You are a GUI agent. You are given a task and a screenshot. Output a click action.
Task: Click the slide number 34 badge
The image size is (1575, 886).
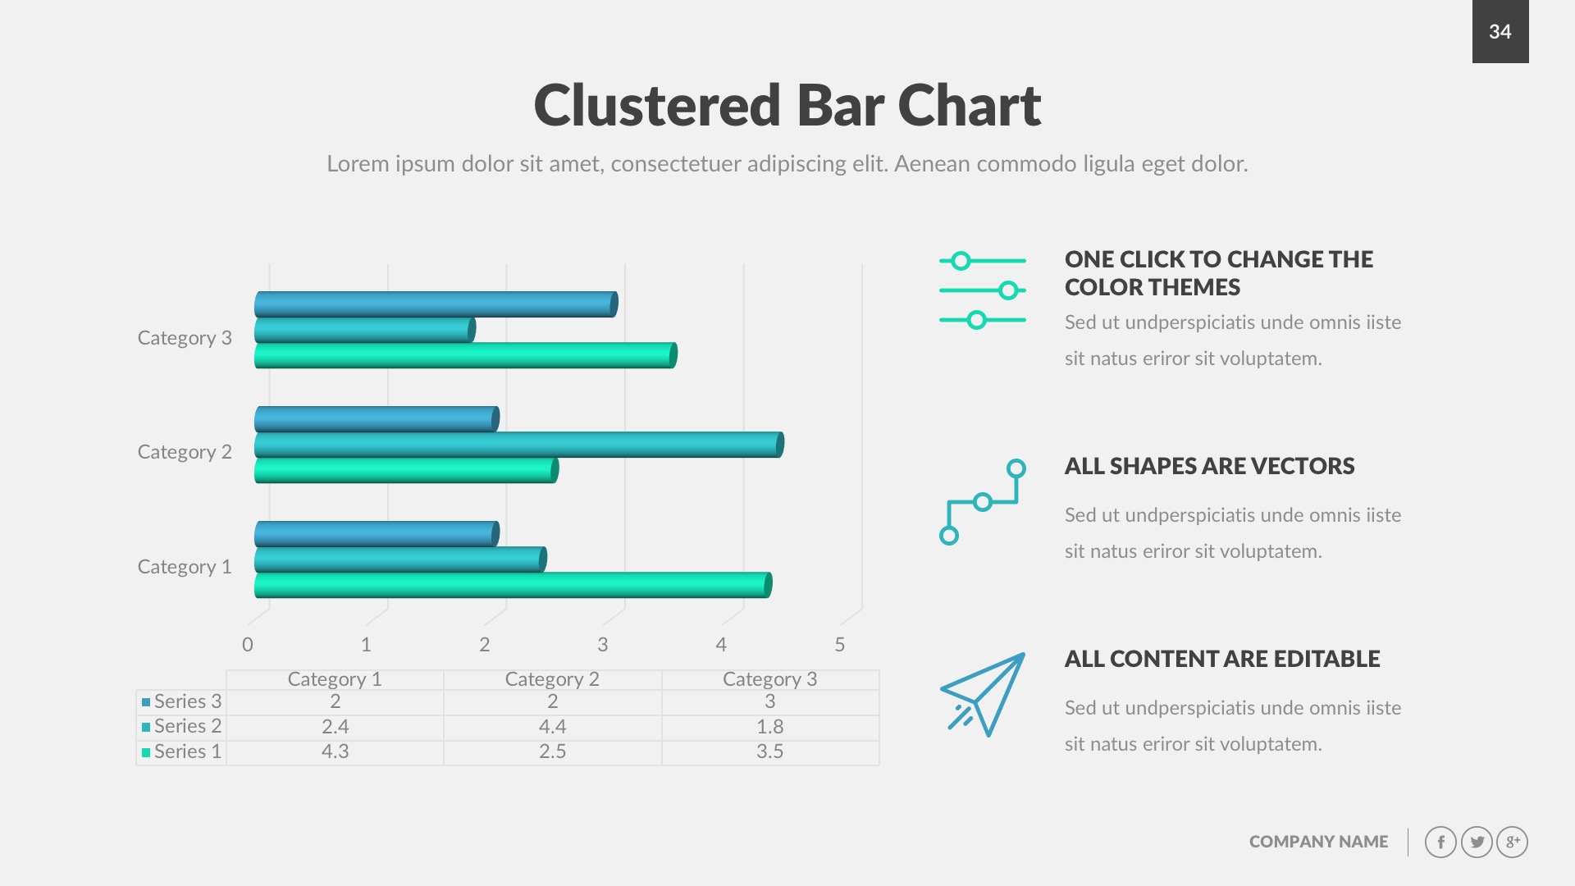[1500, 31]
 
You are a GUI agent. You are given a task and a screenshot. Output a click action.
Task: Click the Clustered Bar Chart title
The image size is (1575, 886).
[787, 106]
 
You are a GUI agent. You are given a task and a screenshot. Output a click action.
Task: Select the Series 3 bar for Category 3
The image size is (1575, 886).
[435, 304]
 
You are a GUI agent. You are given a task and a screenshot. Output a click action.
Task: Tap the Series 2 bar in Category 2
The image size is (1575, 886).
[517, 445]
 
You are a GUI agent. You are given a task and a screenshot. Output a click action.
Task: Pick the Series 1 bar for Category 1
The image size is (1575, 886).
[512, 585]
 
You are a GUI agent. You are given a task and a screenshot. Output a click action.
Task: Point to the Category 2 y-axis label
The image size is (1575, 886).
[185, 452]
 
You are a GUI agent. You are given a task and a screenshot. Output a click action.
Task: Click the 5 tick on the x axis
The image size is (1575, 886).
[839, 645]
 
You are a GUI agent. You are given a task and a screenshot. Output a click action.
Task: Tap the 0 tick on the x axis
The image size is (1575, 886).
[248, 645]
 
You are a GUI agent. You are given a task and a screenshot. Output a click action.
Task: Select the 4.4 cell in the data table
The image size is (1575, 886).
[552, 727]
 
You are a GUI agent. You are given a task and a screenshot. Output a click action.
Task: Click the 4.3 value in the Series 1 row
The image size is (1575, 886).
[335, 751]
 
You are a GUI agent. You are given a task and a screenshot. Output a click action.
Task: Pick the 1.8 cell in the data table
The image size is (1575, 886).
[769, 727]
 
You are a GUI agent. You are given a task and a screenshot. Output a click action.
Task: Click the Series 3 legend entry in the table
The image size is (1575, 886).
[181, 701]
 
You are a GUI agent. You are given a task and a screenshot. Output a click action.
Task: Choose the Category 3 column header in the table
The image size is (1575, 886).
[769, 679]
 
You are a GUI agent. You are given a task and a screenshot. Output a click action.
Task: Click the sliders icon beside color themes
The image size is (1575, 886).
[982, 290]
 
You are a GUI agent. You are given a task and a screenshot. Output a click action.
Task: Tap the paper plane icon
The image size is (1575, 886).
[984, 694]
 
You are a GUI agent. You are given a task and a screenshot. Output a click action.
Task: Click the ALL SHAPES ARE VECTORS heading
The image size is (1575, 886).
[1209, 466]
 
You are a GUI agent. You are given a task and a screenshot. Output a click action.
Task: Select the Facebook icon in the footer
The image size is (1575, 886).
[1440, 842]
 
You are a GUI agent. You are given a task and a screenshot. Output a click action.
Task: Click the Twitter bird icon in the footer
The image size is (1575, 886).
[1477, 842]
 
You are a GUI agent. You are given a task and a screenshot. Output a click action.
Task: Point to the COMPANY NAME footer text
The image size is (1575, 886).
[1318, 842]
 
